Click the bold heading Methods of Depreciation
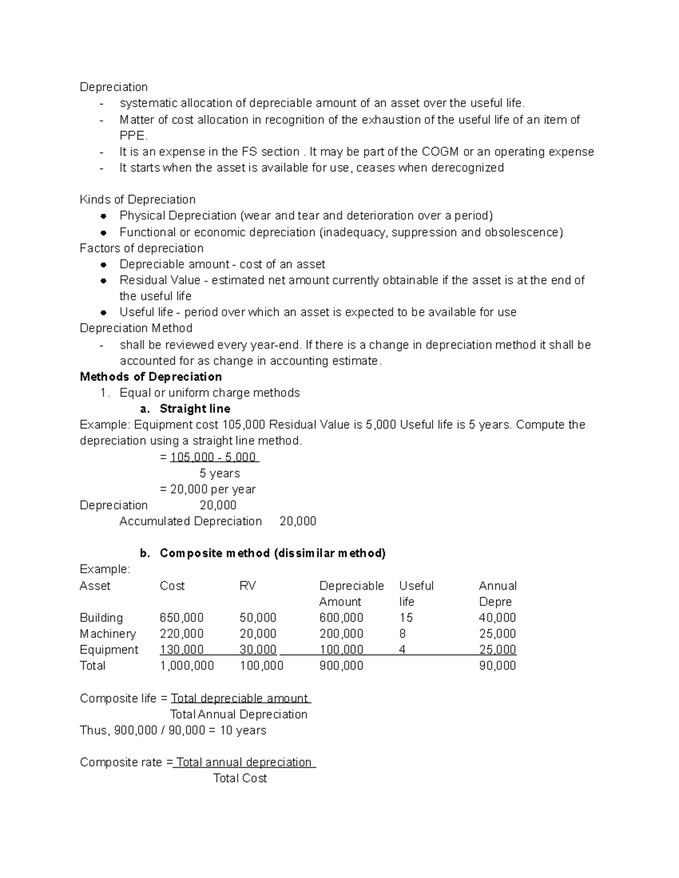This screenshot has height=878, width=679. click(x=151, y=377)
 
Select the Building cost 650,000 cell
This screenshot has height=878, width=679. click(x=182, y=617)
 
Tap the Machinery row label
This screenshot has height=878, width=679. click(x=108, y=633)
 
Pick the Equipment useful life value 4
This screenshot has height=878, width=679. click(x=402, y=650)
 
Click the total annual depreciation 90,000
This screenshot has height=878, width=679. click(x=497, y=665)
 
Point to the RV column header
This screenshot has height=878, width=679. click(x=247, y=586)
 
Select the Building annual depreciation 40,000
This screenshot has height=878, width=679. click(x=497, y=617)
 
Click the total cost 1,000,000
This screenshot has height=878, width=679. click(x=187, y=665)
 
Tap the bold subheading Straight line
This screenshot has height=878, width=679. click(x=195, y=409)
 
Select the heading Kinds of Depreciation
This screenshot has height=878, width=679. click(x=137, y=200)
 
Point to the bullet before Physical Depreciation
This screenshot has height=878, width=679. click(x=104, y=216)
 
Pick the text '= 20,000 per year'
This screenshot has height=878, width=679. click(x=208, y=489)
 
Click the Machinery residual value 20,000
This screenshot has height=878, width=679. click(x=258, y=633)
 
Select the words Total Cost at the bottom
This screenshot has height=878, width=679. click(x=240, y=778)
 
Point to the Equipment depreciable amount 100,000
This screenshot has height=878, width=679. click(x=341, y=650)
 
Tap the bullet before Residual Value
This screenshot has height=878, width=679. click(x=104, y=280)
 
